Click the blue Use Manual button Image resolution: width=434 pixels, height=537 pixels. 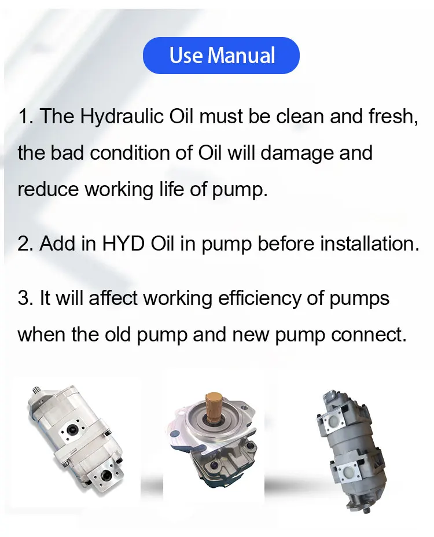tap(221, 56)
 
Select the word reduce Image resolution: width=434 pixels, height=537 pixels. tap(48, 189)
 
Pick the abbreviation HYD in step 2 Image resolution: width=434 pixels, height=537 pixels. tap(123, 244)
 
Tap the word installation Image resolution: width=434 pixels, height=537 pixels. tap(370, 243)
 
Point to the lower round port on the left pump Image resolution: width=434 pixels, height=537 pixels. tap(105, 475)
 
